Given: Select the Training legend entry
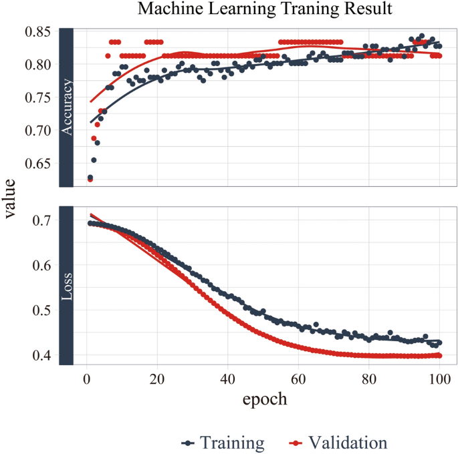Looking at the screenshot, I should point(224,442).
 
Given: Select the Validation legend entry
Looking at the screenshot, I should point(338,442).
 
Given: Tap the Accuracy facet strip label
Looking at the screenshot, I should point(66,107).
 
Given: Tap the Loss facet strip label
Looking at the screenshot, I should point(66,286).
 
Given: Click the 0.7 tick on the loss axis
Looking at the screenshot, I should point(43,220).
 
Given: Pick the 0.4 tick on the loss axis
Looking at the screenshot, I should point(43,356).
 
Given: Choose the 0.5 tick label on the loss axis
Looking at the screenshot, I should point(43,310).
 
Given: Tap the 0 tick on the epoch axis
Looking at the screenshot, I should point(86,378).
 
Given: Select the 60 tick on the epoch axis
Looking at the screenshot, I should point(298,378).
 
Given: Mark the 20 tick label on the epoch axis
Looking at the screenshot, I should point(157,378).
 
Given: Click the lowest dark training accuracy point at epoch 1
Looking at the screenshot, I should point(90,178).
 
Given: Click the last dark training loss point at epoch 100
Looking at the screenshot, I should point(439,343).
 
